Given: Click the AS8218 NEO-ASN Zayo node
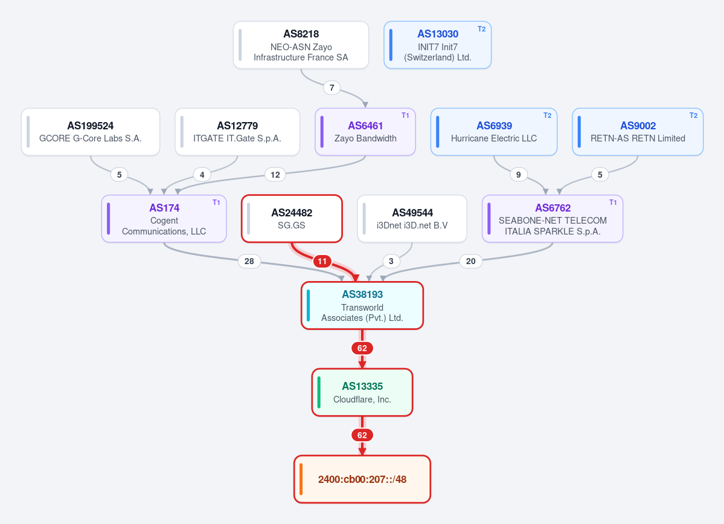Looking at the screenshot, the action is tap(301, 45).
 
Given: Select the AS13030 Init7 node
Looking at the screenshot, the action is tap(438, 45).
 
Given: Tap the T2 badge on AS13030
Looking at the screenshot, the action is tap(482, 28).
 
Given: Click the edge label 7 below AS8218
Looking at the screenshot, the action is tap(332, 88).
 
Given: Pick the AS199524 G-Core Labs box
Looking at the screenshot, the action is tap(91, 132).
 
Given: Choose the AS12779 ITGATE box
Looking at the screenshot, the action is tap(237, 132).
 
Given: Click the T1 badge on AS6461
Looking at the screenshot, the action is tap(405, 115).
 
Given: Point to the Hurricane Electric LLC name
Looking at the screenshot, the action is tap(494, 138).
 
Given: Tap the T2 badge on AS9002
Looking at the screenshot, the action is tap(694, 115).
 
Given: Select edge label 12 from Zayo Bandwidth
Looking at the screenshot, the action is tap(275, 175).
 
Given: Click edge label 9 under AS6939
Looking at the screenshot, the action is tap(519, 175).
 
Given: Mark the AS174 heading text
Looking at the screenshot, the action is tap(164, 208).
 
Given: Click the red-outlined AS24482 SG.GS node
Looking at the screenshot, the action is tap(292, 219).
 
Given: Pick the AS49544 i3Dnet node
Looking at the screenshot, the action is tap(412, 219).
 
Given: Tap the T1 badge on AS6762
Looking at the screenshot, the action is tap(613, 202).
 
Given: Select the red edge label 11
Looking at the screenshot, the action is tap(322, 261).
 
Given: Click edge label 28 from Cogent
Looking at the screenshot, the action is tap(249, 261).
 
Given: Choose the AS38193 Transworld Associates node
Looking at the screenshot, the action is tap(362, 305).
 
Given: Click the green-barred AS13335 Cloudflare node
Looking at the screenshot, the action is tap(362, 392).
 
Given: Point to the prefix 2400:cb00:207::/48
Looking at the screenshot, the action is tap(362, 479).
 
